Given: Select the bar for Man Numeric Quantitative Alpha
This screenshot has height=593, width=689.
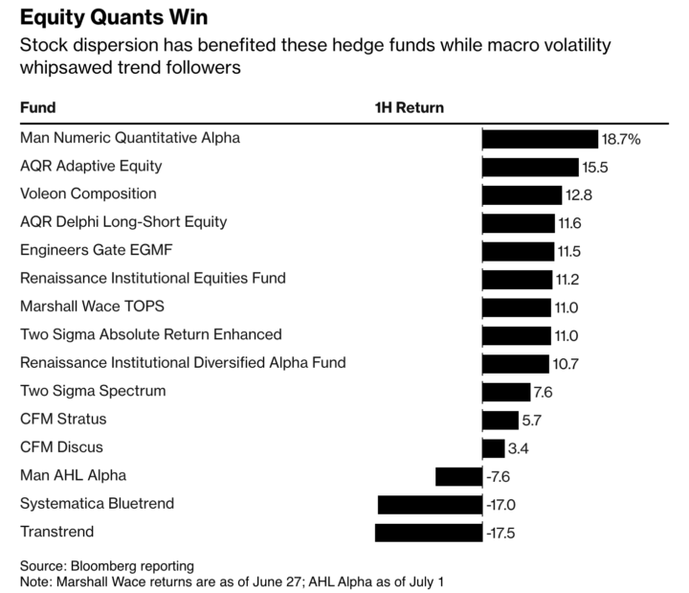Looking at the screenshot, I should coord(540,138).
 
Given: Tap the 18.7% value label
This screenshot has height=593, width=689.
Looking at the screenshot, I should coord(620,139).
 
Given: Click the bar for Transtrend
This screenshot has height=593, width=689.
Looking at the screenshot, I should coord(428,533).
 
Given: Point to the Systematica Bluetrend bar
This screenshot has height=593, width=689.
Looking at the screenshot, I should coord(430,505).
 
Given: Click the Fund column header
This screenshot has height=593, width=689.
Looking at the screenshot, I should coord(37,107).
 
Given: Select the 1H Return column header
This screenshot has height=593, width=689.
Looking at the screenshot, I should coord(409,107).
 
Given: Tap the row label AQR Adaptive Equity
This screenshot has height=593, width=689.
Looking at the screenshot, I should coord(91,166).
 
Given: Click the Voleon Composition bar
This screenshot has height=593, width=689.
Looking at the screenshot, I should coord(522,194).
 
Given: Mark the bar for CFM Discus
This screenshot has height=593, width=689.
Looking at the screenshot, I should coord(493,448).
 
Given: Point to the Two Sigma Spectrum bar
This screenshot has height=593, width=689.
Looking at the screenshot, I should coord(505,392).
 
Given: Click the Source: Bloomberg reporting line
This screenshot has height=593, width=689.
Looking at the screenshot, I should coord(106,565).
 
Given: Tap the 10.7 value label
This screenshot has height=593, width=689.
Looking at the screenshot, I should coord(566,363).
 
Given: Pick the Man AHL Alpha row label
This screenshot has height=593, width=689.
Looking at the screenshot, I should coord(73,475).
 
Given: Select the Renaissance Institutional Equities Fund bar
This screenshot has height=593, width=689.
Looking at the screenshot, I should coord(517,279).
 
